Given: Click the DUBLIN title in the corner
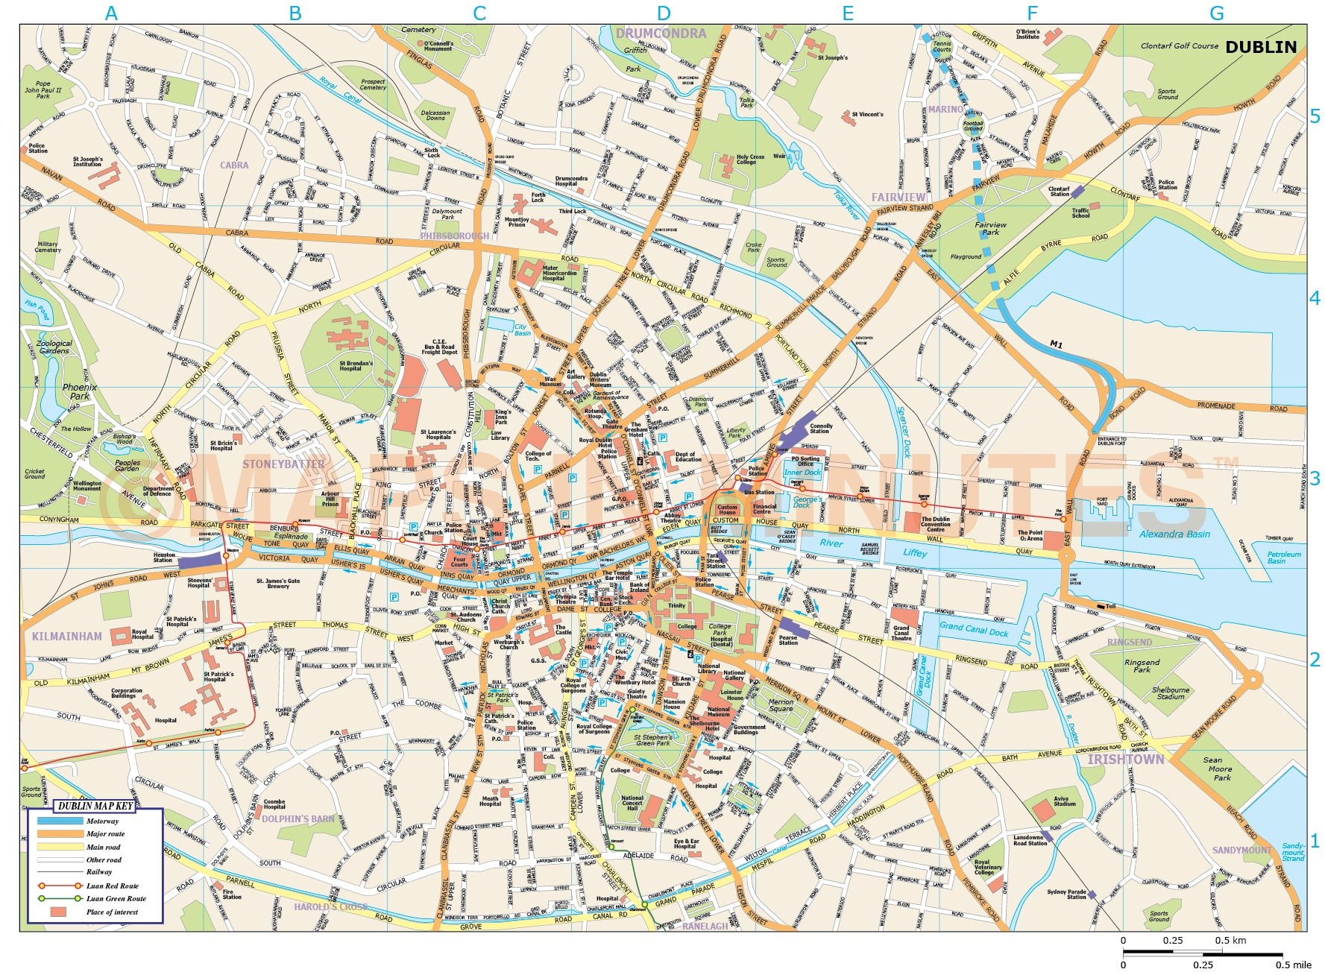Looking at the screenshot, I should point(1261,47).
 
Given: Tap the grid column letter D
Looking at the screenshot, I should point(664,13).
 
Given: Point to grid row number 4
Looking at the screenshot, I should point(1315,298).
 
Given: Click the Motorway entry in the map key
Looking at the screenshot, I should point(102,821).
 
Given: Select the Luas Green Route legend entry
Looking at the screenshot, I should point(116,898).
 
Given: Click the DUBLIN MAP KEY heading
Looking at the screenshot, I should point(95,806).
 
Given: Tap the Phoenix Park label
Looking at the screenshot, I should point(79,391).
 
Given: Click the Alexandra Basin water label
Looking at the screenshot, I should point(1174,534).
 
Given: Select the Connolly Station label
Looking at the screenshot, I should point(820,429).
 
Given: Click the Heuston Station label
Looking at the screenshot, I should point(164,557).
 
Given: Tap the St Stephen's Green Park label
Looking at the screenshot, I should point(653,739).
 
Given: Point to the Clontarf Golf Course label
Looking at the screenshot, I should point(1179,45).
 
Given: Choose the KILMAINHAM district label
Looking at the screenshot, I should point(67,636).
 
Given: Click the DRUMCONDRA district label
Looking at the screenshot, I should point(661,34).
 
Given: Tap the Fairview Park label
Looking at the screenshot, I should point(990,228).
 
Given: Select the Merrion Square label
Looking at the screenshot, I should point(781,705).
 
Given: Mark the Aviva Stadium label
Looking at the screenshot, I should point(1065,801).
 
